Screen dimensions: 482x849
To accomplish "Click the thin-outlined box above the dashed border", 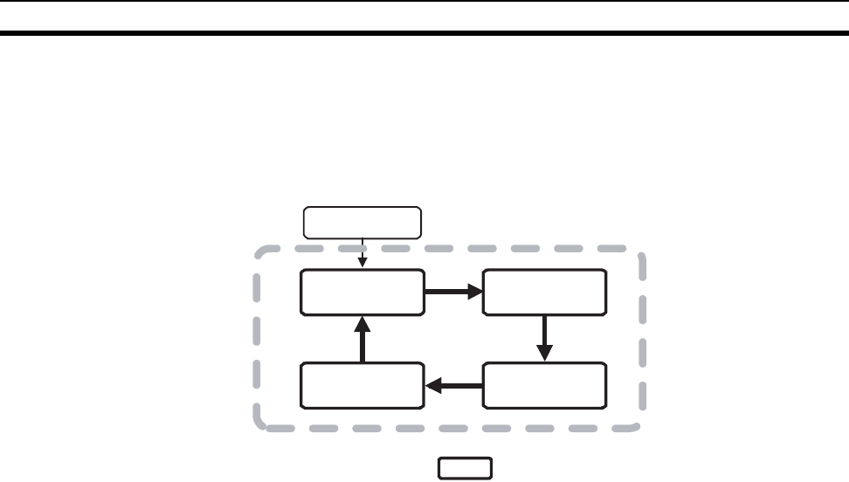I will (x=362, y=223).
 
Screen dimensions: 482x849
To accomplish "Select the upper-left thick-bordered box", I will (x=362, y=292).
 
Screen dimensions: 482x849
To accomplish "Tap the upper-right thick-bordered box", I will (x=544, y=292).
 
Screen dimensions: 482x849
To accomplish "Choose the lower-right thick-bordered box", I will (x=544, y=386).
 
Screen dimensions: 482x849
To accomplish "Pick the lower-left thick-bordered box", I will (x=362, y=386).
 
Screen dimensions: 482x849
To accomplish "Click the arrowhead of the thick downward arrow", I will (x=544, y=353).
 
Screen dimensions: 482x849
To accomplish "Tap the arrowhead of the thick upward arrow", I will (x=362, y=324).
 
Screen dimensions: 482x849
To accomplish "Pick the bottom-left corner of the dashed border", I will (x=259, y=425).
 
